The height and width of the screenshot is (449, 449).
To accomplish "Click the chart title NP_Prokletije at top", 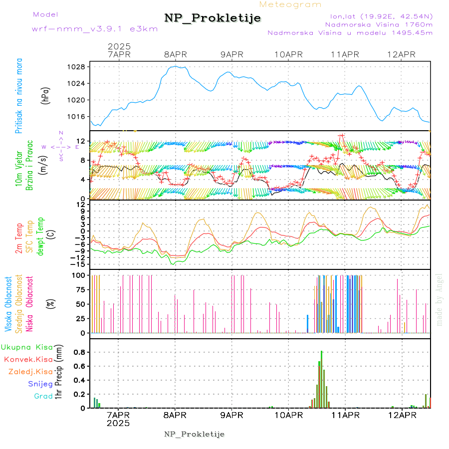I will click(x=213, y=18).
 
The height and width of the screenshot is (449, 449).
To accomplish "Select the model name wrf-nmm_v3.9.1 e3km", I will click(x=94, y=28).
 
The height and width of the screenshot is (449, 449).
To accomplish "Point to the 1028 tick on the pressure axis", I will click(x=78, y=67).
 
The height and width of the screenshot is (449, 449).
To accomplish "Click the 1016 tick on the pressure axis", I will click(x=78, y=117).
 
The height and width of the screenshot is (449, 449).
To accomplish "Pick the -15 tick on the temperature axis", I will click(x=78, y=263).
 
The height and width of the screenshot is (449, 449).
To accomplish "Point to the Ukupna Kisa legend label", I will click(x=27, y=347).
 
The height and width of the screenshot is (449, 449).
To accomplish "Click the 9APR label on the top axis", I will click(x=231, y=54).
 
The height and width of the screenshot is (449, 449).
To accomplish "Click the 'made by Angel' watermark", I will click(x=440, y=299).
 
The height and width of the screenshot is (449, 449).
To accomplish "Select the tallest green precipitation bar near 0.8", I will click(x=322, y=379).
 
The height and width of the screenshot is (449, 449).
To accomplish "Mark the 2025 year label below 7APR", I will click(x=118, y=423).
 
